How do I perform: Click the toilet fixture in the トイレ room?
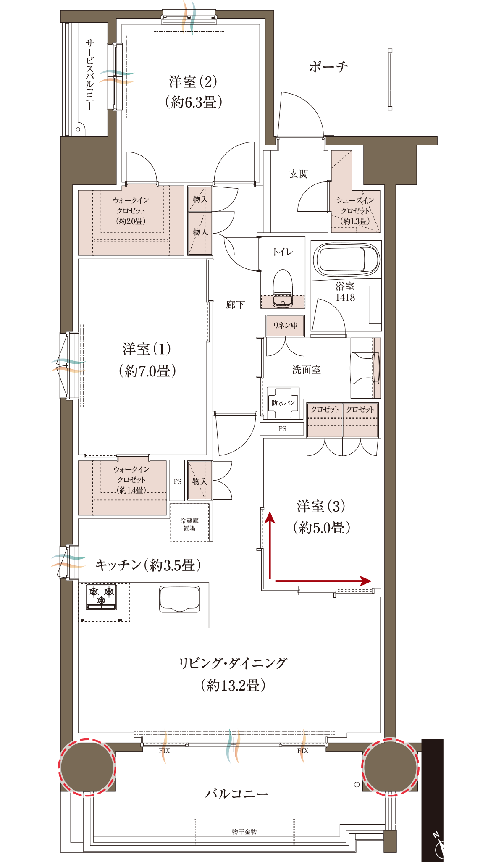pyautogui.click(x=283, y=288)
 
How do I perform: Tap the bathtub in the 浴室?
pyautogui.click(x=348, y=259)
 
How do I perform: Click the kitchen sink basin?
pyautogui.click(x=179, y=599)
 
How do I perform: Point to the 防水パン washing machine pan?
pyautogui.click(x=283, y=403)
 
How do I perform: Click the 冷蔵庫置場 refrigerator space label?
pyautogui.click(x=189, y=524)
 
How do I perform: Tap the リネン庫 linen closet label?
pyautogui.click(x=285, y=326)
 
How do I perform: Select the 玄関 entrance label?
pyautogui.click(x=299, y=173)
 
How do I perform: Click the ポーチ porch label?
pyautogui.click(x=328, y=66)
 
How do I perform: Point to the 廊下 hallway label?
pyautogui.click(x=235, y=305)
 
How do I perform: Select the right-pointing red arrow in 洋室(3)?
pyautogui.click(x=323, y=581)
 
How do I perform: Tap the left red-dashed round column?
pyautogui.click(x=87, y=767)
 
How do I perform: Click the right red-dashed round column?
pyautogui.click(x=391, y=767)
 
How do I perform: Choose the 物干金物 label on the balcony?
pyautogui.click(x=244, y=832)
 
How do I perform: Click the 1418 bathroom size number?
pyautogui.click(x=345, y=297)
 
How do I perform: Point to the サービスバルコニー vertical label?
pyautogui.click(x=89, y=75)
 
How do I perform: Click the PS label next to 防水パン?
pyautogui.click(x=282, y=429)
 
